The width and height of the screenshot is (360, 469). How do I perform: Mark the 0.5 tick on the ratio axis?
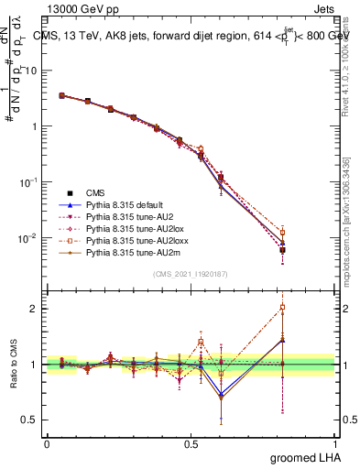coord(30,420)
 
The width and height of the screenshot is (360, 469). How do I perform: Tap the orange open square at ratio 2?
coord(283,308)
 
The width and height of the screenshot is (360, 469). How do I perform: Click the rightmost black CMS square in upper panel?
coord(283,249)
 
